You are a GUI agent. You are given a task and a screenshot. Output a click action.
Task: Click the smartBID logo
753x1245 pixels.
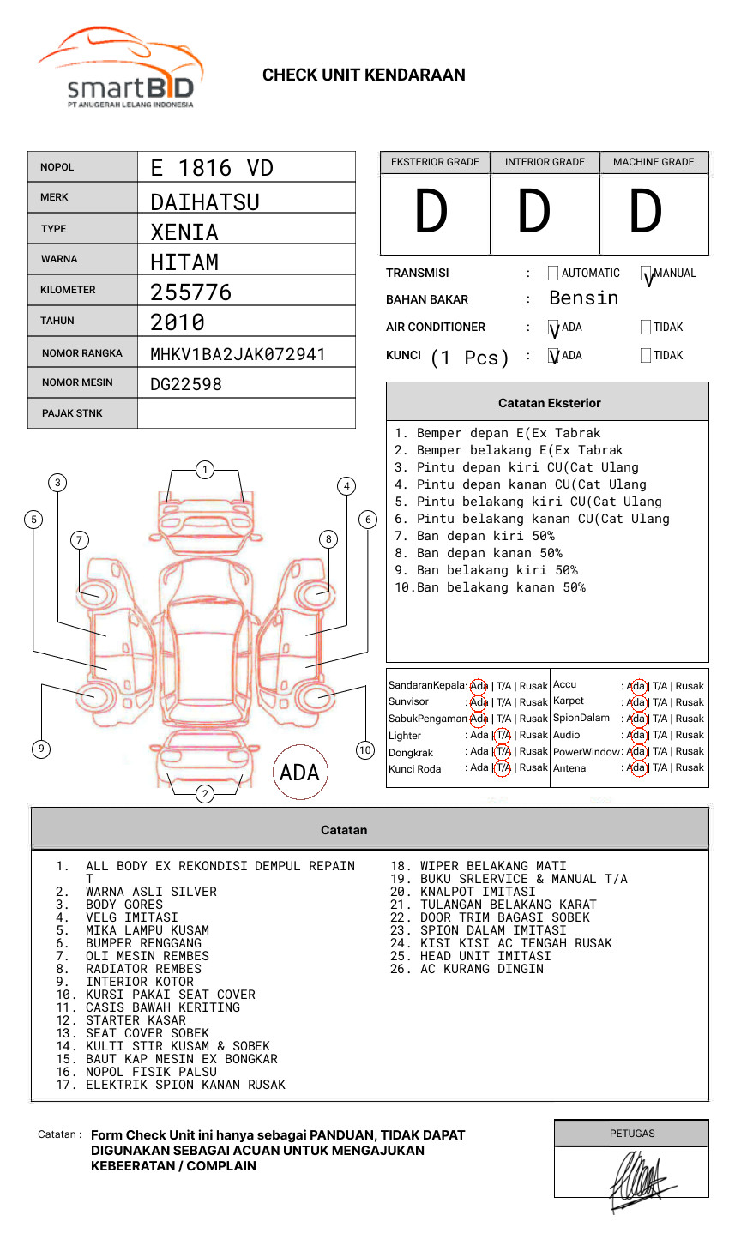click(120, 69)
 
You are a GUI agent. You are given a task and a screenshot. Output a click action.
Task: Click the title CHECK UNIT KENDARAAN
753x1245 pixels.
click(364, 75)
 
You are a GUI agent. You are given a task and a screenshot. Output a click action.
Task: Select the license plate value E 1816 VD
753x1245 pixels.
click(212, 168)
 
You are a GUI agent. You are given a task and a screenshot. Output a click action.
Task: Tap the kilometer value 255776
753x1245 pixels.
click(191, 292)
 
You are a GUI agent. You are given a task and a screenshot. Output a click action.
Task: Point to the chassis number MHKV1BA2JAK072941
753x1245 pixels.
click(238, 354)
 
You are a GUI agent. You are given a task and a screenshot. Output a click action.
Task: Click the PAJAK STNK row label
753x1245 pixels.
click(72, 413)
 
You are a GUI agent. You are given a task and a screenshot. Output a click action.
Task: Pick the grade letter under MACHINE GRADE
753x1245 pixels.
click(646, 213)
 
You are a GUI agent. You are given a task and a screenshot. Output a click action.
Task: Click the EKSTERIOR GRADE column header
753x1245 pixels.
click(435, 162)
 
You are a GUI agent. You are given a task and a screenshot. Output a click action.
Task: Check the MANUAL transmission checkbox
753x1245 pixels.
click(647, 274)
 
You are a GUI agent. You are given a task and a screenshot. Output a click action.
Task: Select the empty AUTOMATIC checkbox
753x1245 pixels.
click(553, 274)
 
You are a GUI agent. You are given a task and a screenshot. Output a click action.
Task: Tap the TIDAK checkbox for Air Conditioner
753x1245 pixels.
click(646, 328)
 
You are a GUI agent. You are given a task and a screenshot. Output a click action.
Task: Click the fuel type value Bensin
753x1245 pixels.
click(583, 298)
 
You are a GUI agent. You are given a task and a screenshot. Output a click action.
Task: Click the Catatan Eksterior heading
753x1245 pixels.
click(549, 403)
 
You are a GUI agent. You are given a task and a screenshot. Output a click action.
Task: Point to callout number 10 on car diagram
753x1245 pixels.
click(365, 750)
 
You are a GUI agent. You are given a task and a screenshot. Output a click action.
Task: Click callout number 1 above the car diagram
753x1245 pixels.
click(204, 470)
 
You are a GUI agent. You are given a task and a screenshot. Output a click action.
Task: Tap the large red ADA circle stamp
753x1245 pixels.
click(299, 773)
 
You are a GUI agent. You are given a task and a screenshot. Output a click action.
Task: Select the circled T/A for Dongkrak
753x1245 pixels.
click(503, 751)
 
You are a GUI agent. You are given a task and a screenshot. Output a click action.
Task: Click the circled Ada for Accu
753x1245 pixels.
click(636, 686)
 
